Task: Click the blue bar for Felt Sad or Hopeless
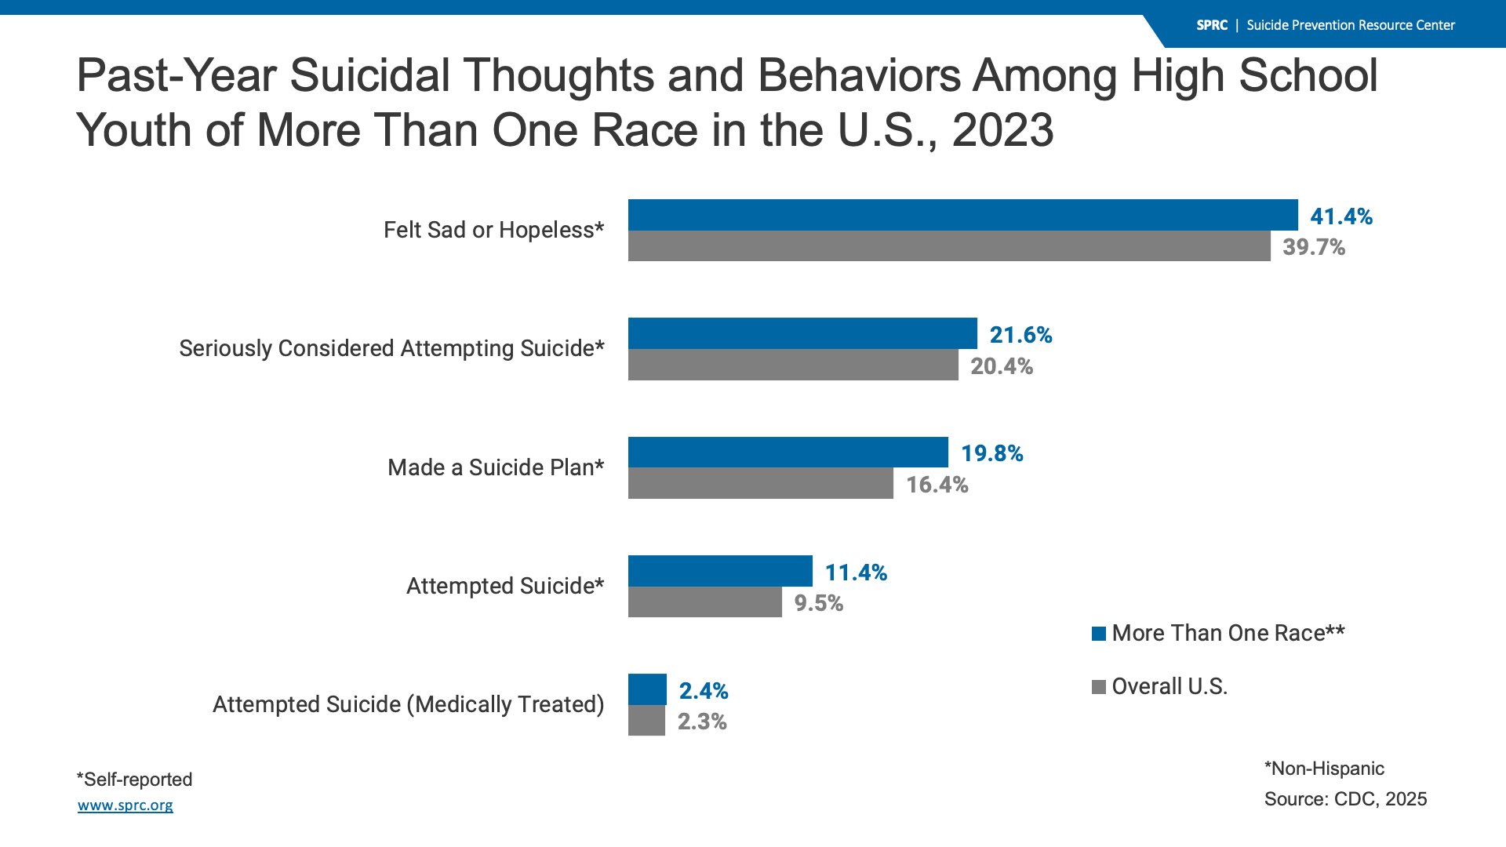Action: (x=962, y=215)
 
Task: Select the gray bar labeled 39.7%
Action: (x=949, y=246)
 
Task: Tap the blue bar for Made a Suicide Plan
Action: (x=788, y=453)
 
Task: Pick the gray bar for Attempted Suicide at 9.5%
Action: (x=704, y=602)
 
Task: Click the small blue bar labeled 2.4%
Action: (x=647, y=689)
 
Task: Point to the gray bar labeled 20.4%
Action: (x=793, y=365)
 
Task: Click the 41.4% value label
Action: (x=1341, y=216)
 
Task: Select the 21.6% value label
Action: (x=1020, y=335)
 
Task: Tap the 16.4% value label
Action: (x=937, y=485)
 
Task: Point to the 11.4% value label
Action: (x=856, y=573)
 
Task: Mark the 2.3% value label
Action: (x=702, y=722)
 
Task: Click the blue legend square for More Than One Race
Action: (x=1099, y=634)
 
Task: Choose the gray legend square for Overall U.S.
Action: (x=1099, y=687)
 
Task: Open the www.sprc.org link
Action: (x=125, y=805)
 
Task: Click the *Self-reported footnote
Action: (x=134, y=780)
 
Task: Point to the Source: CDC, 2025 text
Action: (x=1345, y=799)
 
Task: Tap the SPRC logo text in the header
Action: (x=1212, y=25)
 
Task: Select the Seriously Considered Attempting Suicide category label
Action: (x=391, y=348)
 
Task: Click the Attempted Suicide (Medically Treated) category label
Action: (x=408, y=704)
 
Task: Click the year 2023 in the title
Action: (x=1002, y=130)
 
